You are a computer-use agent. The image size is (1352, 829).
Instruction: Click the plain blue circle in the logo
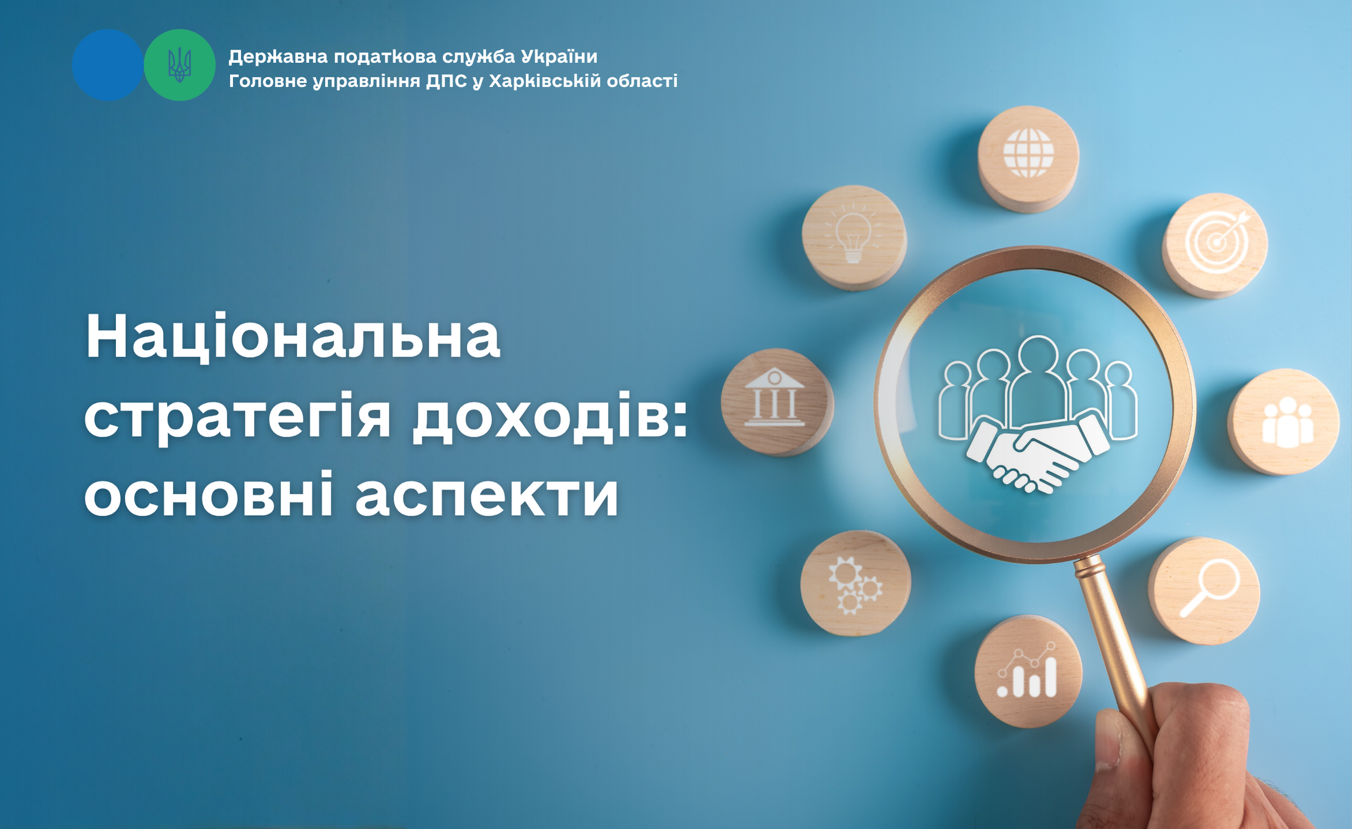click(108, 65)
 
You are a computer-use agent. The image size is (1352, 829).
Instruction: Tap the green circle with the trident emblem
click(179, 65)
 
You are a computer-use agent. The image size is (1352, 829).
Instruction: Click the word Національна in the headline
click(293, 337)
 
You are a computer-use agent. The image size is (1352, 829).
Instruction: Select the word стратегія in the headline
click(237, 417)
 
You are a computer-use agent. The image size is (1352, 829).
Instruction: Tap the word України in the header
click(559, 57)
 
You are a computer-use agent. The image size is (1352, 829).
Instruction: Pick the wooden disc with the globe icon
click(1028, 159)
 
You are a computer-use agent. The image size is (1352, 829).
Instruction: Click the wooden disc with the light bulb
click(854, 237)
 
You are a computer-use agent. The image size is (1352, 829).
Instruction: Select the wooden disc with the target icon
click(1215, 245)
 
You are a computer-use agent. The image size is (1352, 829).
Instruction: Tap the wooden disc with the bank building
click(776, 402)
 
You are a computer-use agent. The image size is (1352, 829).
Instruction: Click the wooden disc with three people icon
click(1284, 422)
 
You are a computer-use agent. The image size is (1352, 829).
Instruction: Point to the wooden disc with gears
click(855, 583)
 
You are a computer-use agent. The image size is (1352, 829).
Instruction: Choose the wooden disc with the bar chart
click(1028, 671)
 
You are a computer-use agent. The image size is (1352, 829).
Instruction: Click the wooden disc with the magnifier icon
click(1204, 591)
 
